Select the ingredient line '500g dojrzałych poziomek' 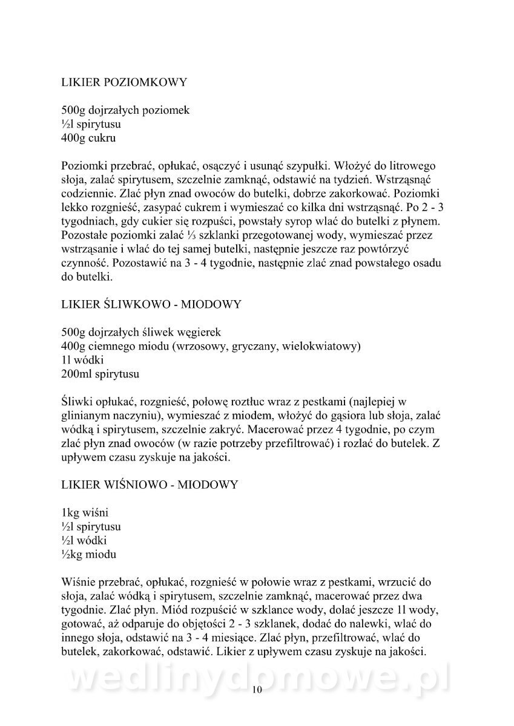point(126,111)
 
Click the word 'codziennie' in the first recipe point(87,194)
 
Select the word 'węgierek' point(201,332)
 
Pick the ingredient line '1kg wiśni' point(85,512)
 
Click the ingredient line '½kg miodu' point(89,554)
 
